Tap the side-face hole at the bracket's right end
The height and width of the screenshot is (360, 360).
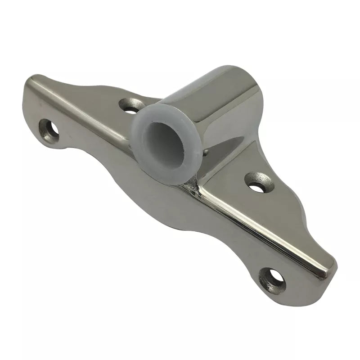pos(273,279)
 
